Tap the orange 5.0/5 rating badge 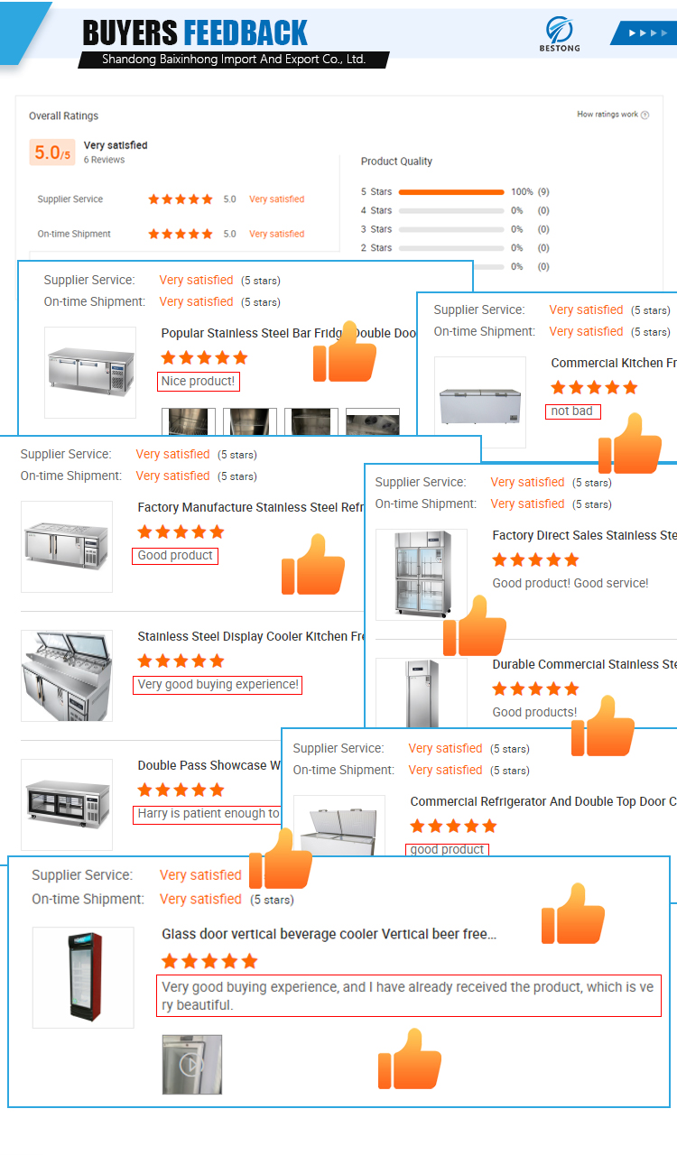[x=52, y=152]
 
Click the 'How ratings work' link [x=612, y=115]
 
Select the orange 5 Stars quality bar [x=451, y=192]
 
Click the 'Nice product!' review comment [x=199, y=382]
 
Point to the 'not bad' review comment [x=572, y=411]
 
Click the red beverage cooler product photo [x=83, y=978]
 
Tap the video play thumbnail [x=191, y=1065]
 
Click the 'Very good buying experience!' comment [x=218, y=685]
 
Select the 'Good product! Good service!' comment [x=570, y=583]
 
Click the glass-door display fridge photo [x=421, y=574]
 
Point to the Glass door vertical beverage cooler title [x=329, y=935]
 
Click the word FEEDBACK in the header [x=246, y=33]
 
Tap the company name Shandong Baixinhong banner [x=233, y=60]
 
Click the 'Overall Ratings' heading [x=63, y=115]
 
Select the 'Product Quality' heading [x=396, y=162]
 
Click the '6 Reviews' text [x=104, y=160]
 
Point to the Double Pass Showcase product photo [x=67, y=804]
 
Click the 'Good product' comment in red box [x=175, y=556]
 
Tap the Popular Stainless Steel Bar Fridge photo [x=90, y=372]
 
